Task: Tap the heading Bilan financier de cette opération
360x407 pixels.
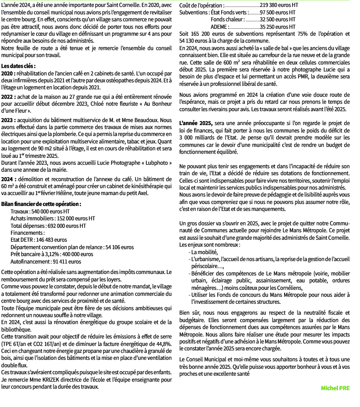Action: tap(41, 204)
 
